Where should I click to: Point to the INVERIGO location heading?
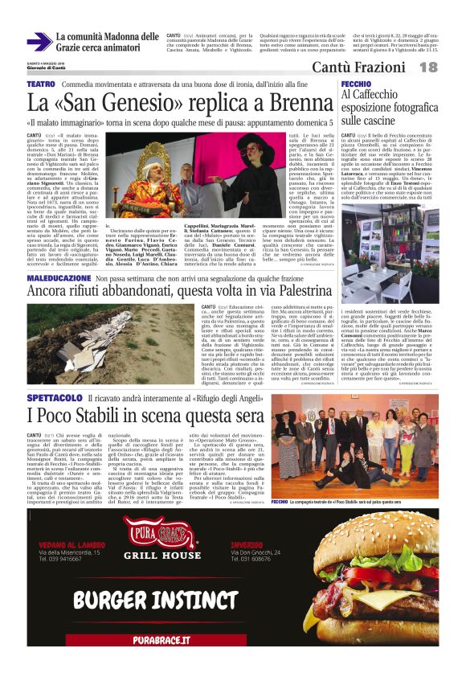click(250, 545)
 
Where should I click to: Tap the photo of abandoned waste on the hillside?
click(112, 334)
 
